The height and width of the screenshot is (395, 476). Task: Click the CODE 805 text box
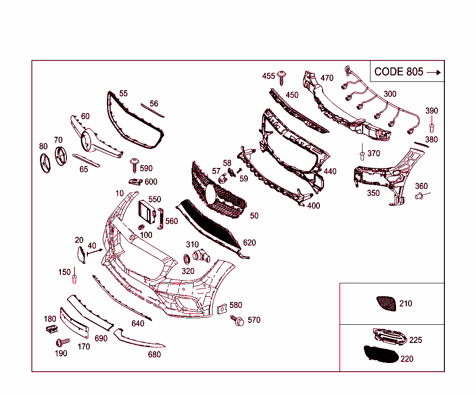[407, 72]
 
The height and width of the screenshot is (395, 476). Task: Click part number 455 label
[269, 76]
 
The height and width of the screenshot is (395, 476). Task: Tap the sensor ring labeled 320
[186, 259]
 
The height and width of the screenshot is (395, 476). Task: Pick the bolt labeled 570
[239, 321]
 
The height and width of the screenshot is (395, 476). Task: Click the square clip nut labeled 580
[222, 308]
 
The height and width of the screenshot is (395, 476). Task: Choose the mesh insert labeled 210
[386, 303]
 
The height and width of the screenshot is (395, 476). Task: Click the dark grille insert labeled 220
[380, 355]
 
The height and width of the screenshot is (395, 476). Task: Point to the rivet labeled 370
[362, 154]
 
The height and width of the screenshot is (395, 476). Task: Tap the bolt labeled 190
[61, 343]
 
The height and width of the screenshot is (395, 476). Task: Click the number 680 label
[154, 355]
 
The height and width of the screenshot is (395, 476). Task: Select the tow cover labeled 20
[80, 255]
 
